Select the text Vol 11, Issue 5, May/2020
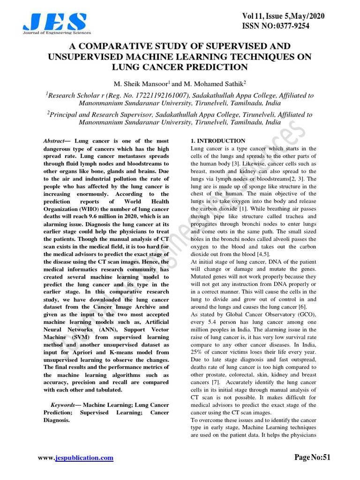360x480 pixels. (x=283, y=16)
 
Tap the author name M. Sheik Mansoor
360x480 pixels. (x=142, y=84)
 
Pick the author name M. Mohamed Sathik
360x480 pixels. (x=210, y=84)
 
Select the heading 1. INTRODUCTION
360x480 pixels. (x=218, y=141)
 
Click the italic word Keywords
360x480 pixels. (x=62, y=405)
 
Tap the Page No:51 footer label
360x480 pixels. (x=313, y=457)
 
